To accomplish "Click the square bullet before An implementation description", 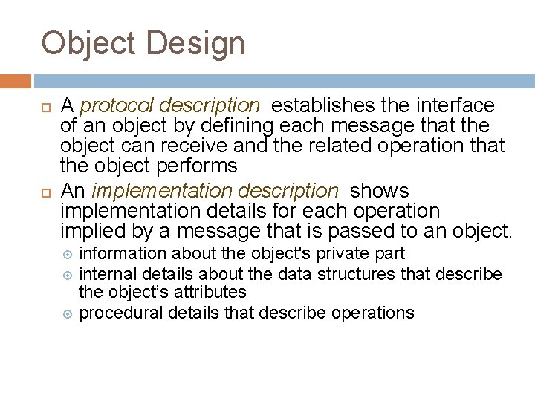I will pos(46,192).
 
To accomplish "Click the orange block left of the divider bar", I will pos(15,80).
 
